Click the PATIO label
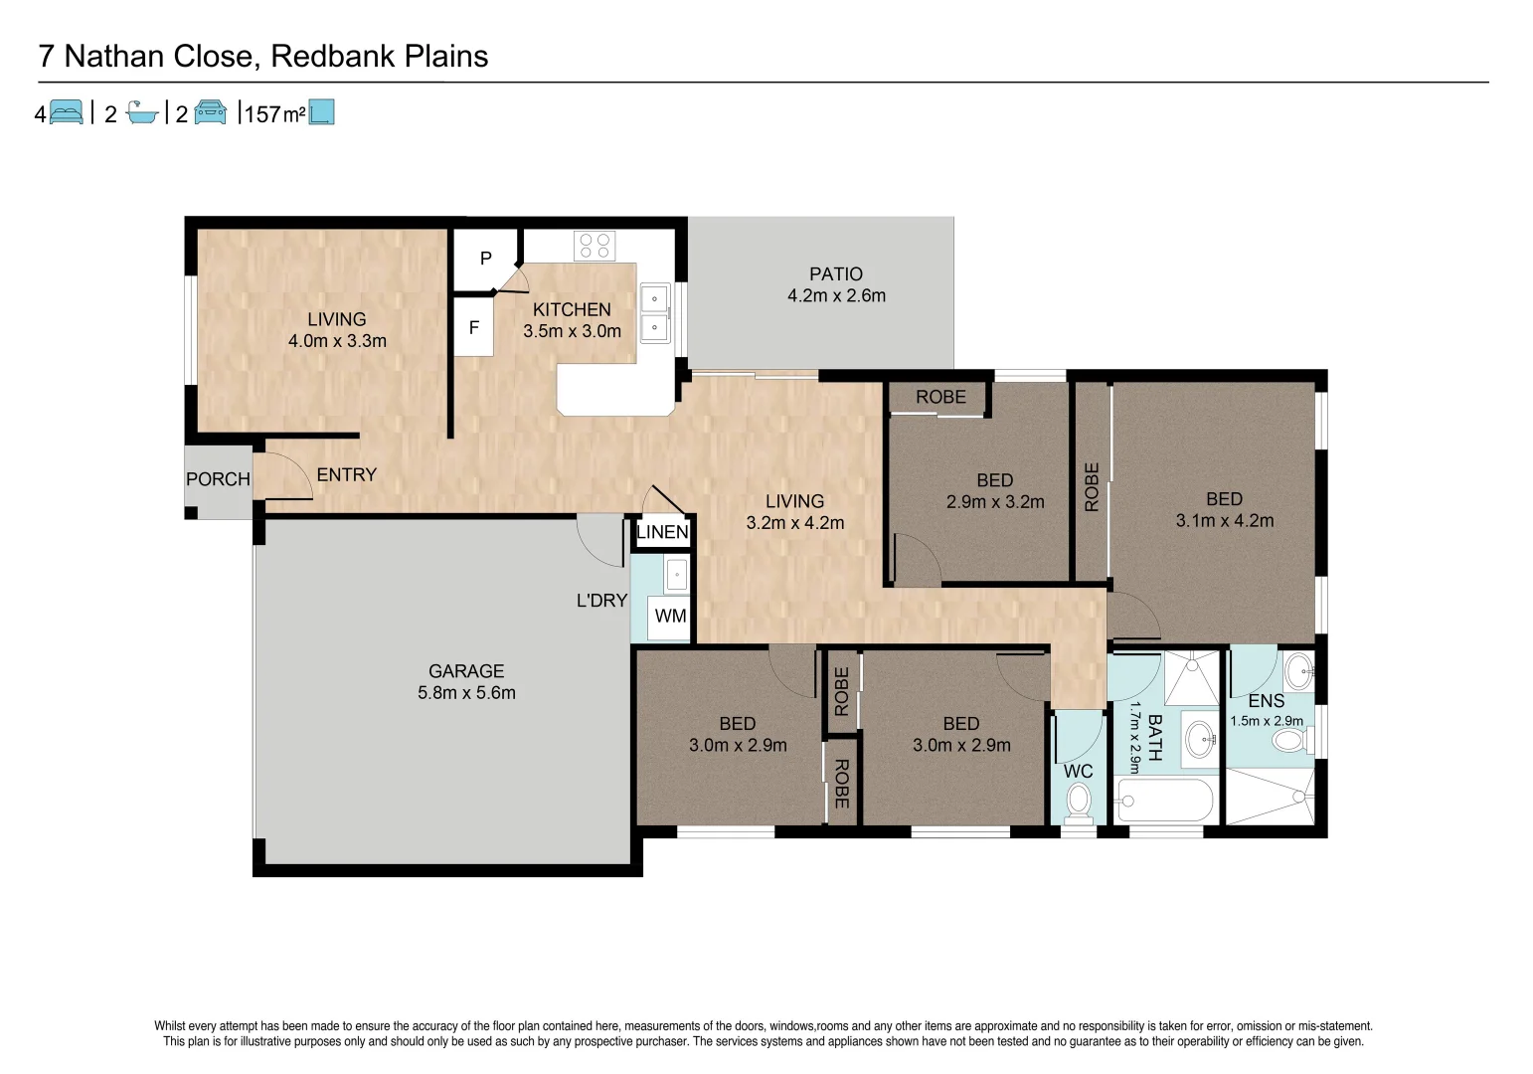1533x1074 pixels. click(x=835, y=273)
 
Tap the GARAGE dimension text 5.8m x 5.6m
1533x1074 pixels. click(x=466, y=693)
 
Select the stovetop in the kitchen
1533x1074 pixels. click(x=595, y=246)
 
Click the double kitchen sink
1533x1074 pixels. click(x=654, y=313)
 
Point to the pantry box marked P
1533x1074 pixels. click(x=485, y=259)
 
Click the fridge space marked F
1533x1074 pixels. click(x=474, y=327)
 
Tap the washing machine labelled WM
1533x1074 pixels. click(x=670, y=617)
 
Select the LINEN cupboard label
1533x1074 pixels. click(x=662, y=532)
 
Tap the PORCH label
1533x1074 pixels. click(x=218, y=479)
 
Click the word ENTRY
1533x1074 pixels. click(x=346, y=475)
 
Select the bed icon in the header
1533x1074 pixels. click(x=66, y=112)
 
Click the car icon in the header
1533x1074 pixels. click(x=210, y=112)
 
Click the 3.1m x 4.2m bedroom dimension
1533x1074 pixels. click(x=1224, y=521)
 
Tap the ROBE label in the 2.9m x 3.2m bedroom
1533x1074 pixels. click(x=940, y=397)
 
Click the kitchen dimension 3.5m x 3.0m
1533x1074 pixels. click(x=572, y=331)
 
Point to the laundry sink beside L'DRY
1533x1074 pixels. click(x=676, y=575)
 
